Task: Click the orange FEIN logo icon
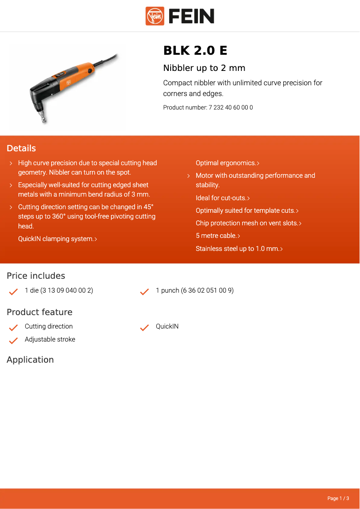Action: [155, 16]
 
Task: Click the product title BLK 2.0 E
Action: [195, 51]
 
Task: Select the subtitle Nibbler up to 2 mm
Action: [204, 68]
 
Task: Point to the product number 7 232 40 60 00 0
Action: [231, 108]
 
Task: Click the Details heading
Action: [21, 149]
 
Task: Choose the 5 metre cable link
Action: [218, 236]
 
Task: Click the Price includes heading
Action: [36, 276]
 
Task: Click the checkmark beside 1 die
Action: [13, 291]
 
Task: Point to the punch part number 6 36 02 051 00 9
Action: [207, 291]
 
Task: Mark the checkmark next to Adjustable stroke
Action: [13, 340]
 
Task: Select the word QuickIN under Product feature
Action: [167, 327]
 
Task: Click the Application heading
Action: [30, 360]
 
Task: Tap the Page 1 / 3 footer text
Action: [338, 498]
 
